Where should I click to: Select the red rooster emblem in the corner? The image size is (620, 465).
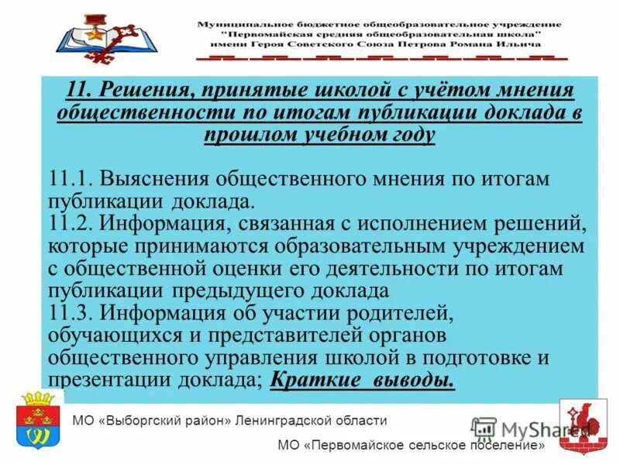coord(584,425)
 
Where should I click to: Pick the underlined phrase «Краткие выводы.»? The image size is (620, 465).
coord(363,381)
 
